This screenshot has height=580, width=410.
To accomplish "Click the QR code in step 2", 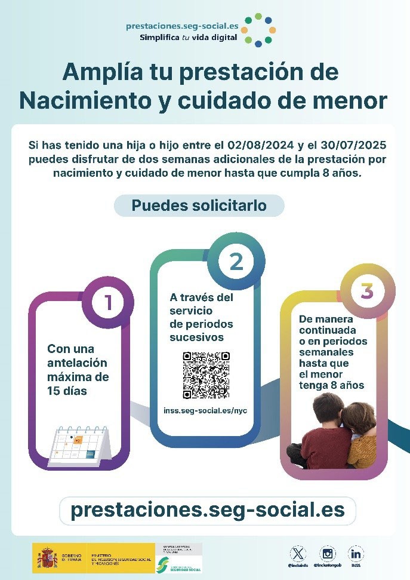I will (x=206, y=375).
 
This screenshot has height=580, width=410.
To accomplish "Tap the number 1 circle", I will (x=108, y=302).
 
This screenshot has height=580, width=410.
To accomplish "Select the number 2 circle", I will (x=236, y=261).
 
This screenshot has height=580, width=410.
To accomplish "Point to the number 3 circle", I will (x=366, y=291).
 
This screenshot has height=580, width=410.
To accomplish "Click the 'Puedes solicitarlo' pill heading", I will (x=199, y=206).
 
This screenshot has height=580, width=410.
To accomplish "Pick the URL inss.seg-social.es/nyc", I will (x=205, y=410).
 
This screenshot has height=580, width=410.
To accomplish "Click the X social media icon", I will (x=297, y=553).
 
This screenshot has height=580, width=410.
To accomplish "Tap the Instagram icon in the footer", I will (x=328, y=553).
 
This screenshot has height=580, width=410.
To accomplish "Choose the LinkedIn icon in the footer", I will (x=356, y=553).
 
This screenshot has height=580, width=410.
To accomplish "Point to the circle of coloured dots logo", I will (x=260, y=30).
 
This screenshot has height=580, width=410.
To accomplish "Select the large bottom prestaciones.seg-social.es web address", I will (x=207, y=510).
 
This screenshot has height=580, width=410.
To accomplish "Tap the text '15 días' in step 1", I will (x=67, y=391).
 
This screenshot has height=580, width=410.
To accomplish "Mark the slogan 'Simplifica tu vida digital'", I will (x=188, y=37).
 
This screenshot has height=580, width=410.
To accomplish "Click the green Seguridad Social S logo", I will (x=161, y=563).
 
